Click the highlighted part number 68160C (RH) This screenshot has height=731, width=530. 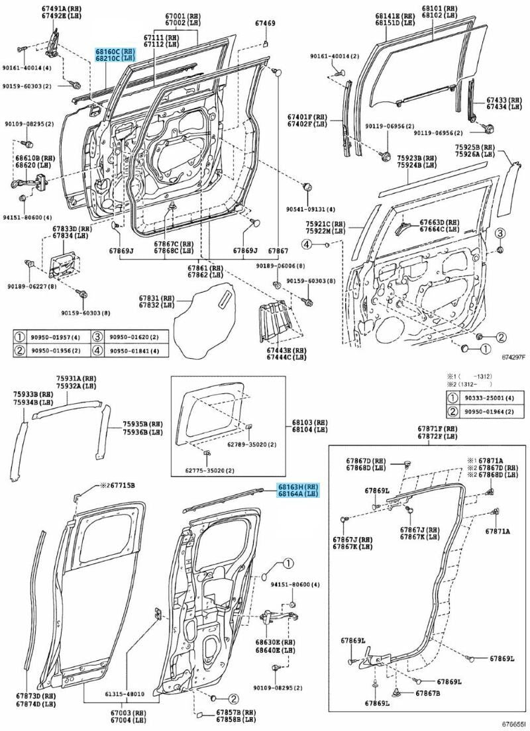107,50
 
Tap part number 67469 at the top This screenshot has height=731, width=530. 265,24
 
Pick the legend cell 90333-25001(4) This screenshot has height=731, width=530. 494,398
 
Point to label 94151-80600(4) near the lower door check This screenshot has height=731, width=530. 295,585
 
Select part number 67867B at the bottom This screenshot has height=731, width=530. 427,693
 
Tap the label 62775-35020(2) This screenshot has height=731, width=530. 209,470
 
